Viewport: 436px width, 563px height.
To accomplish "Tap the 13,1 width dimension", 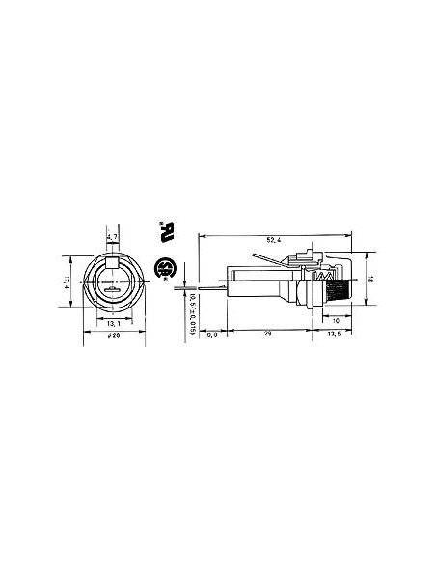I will (112, 322).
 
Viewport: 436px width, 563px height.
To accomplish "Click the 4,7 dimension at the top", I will (112, 237).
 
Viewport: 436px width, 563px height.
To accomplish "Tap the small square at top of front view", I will (112, 261).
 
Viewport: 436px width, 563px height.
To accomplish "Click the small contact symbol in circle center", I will (112, 288).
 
